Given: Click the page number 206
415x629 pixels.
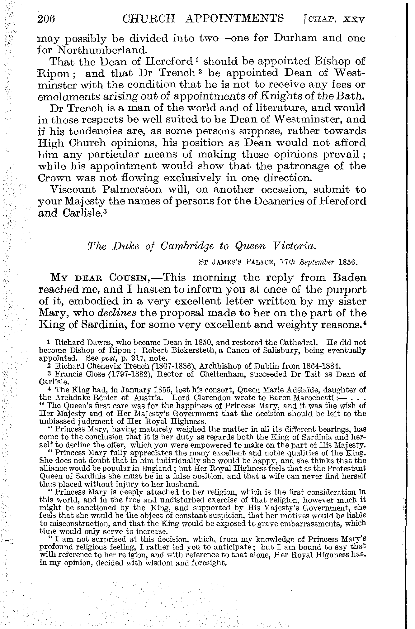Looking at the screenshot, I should click(x=46, y=19).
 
